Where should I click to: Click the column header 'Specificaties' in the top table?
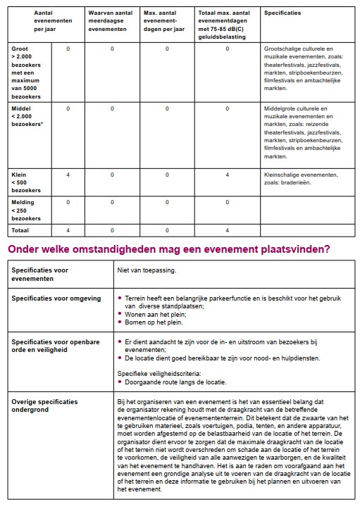tap(283, 13)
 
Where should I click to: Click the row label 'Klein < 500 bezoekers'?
tap(26, 182)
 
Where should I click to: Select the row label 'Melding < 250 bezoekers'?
tap(26, 210)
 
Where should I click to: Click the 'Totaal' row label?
tap(21, 230)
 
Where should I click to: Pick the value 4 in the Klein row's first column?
tap(68, 174)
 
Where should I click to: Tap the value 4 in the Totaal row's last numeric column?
tap(227, 230)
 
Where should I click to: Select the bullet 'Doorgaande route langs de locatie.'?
tap(175, 382)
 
